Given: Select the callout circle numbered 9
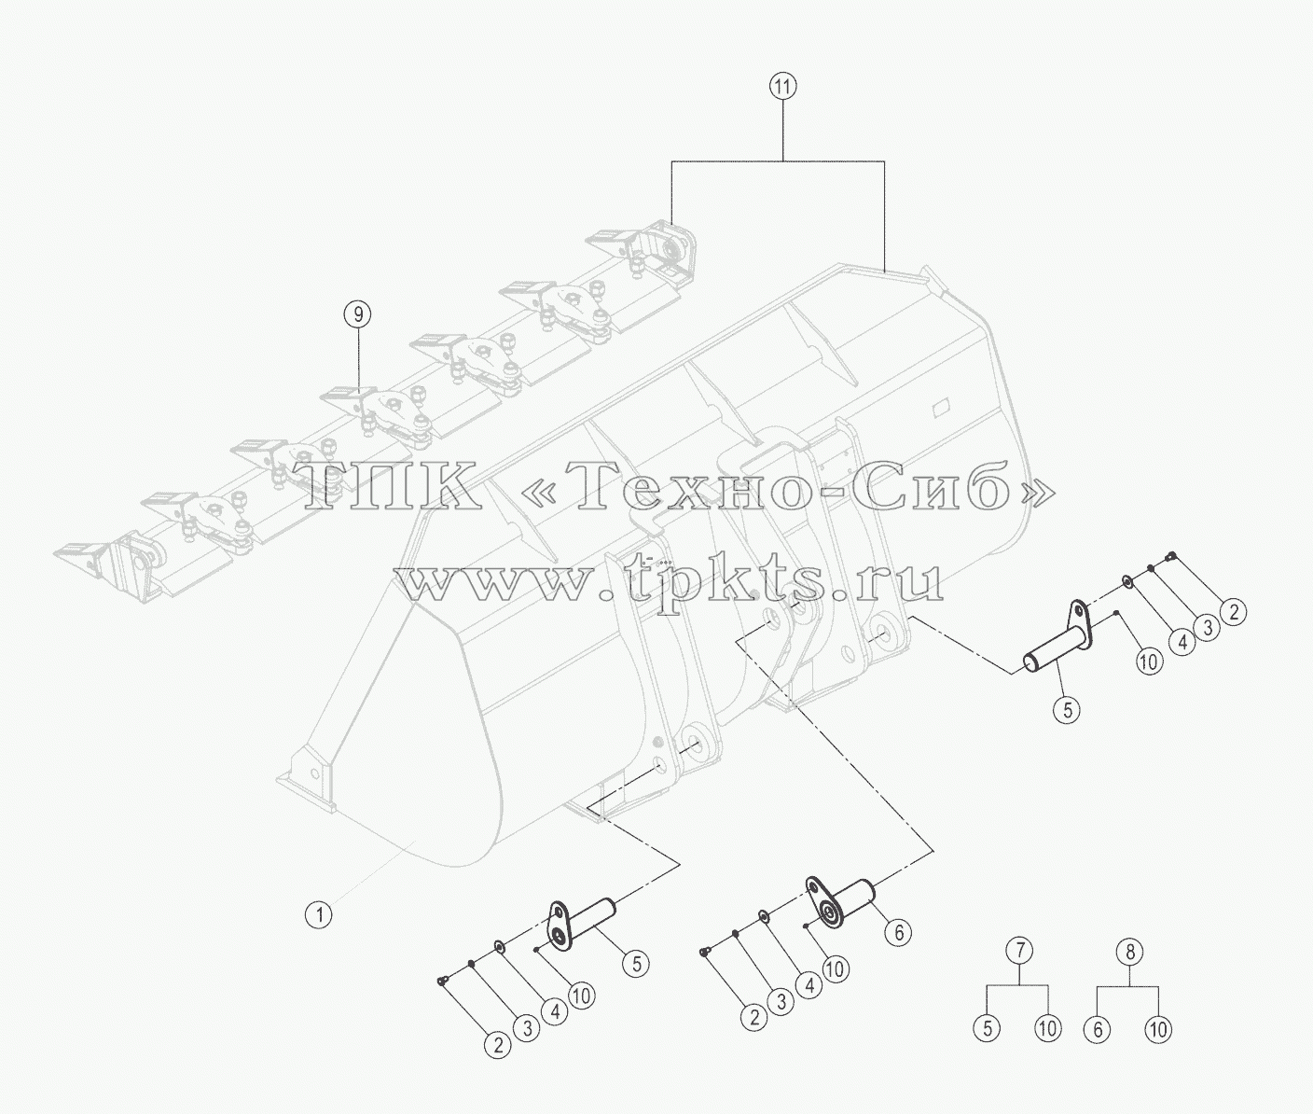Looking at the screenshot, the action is click(358, 313).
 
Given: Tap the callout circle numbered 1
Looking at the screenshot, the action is click(319, 915).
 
